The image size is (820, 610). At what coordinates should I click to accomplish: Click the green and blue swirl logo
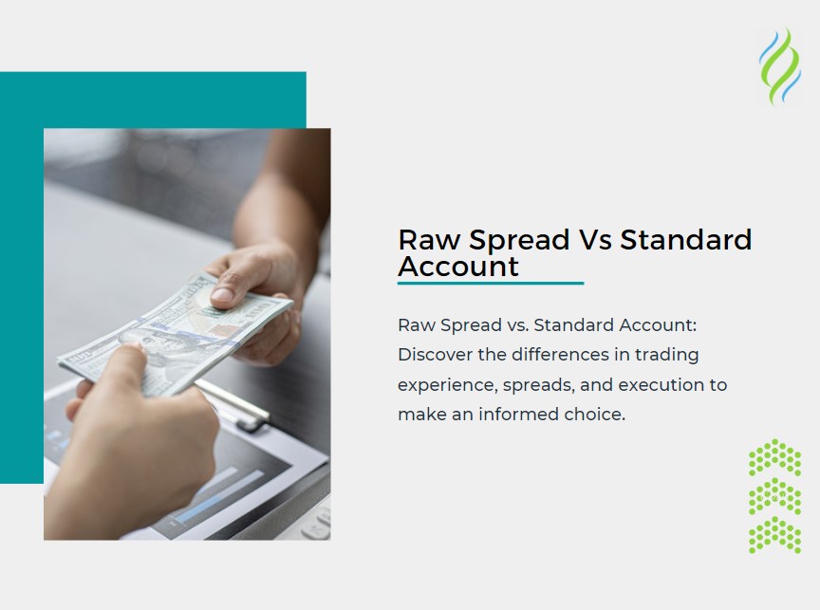click(779, 65)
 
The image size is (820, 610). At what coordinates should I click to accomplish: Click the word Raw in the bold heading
click(422, 240)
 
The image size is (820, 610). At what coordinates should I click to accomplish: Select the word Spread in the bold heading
click(512, 241)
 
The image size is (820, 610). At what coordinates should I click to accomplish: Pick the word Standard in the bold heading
click(685, 240)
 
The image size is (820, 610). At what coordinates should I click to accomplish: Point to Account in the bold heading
click(458, 267)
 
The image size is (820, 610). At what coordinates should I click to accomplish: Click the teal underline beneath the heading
click(490, 283)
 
